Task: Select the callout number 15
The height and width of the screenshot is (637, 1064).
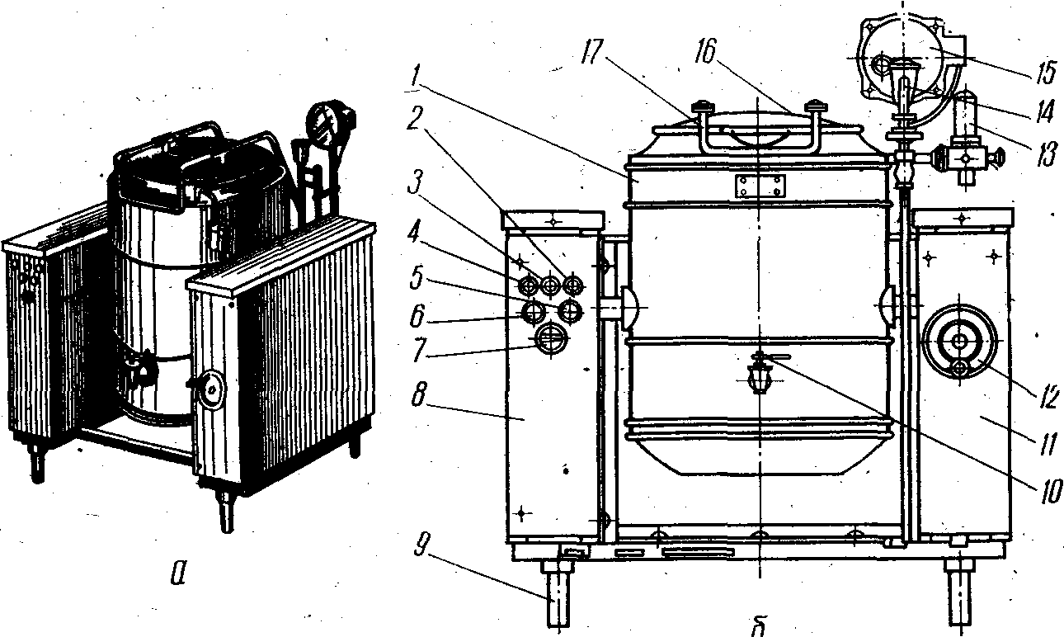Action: click(x=1043, y=74)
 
